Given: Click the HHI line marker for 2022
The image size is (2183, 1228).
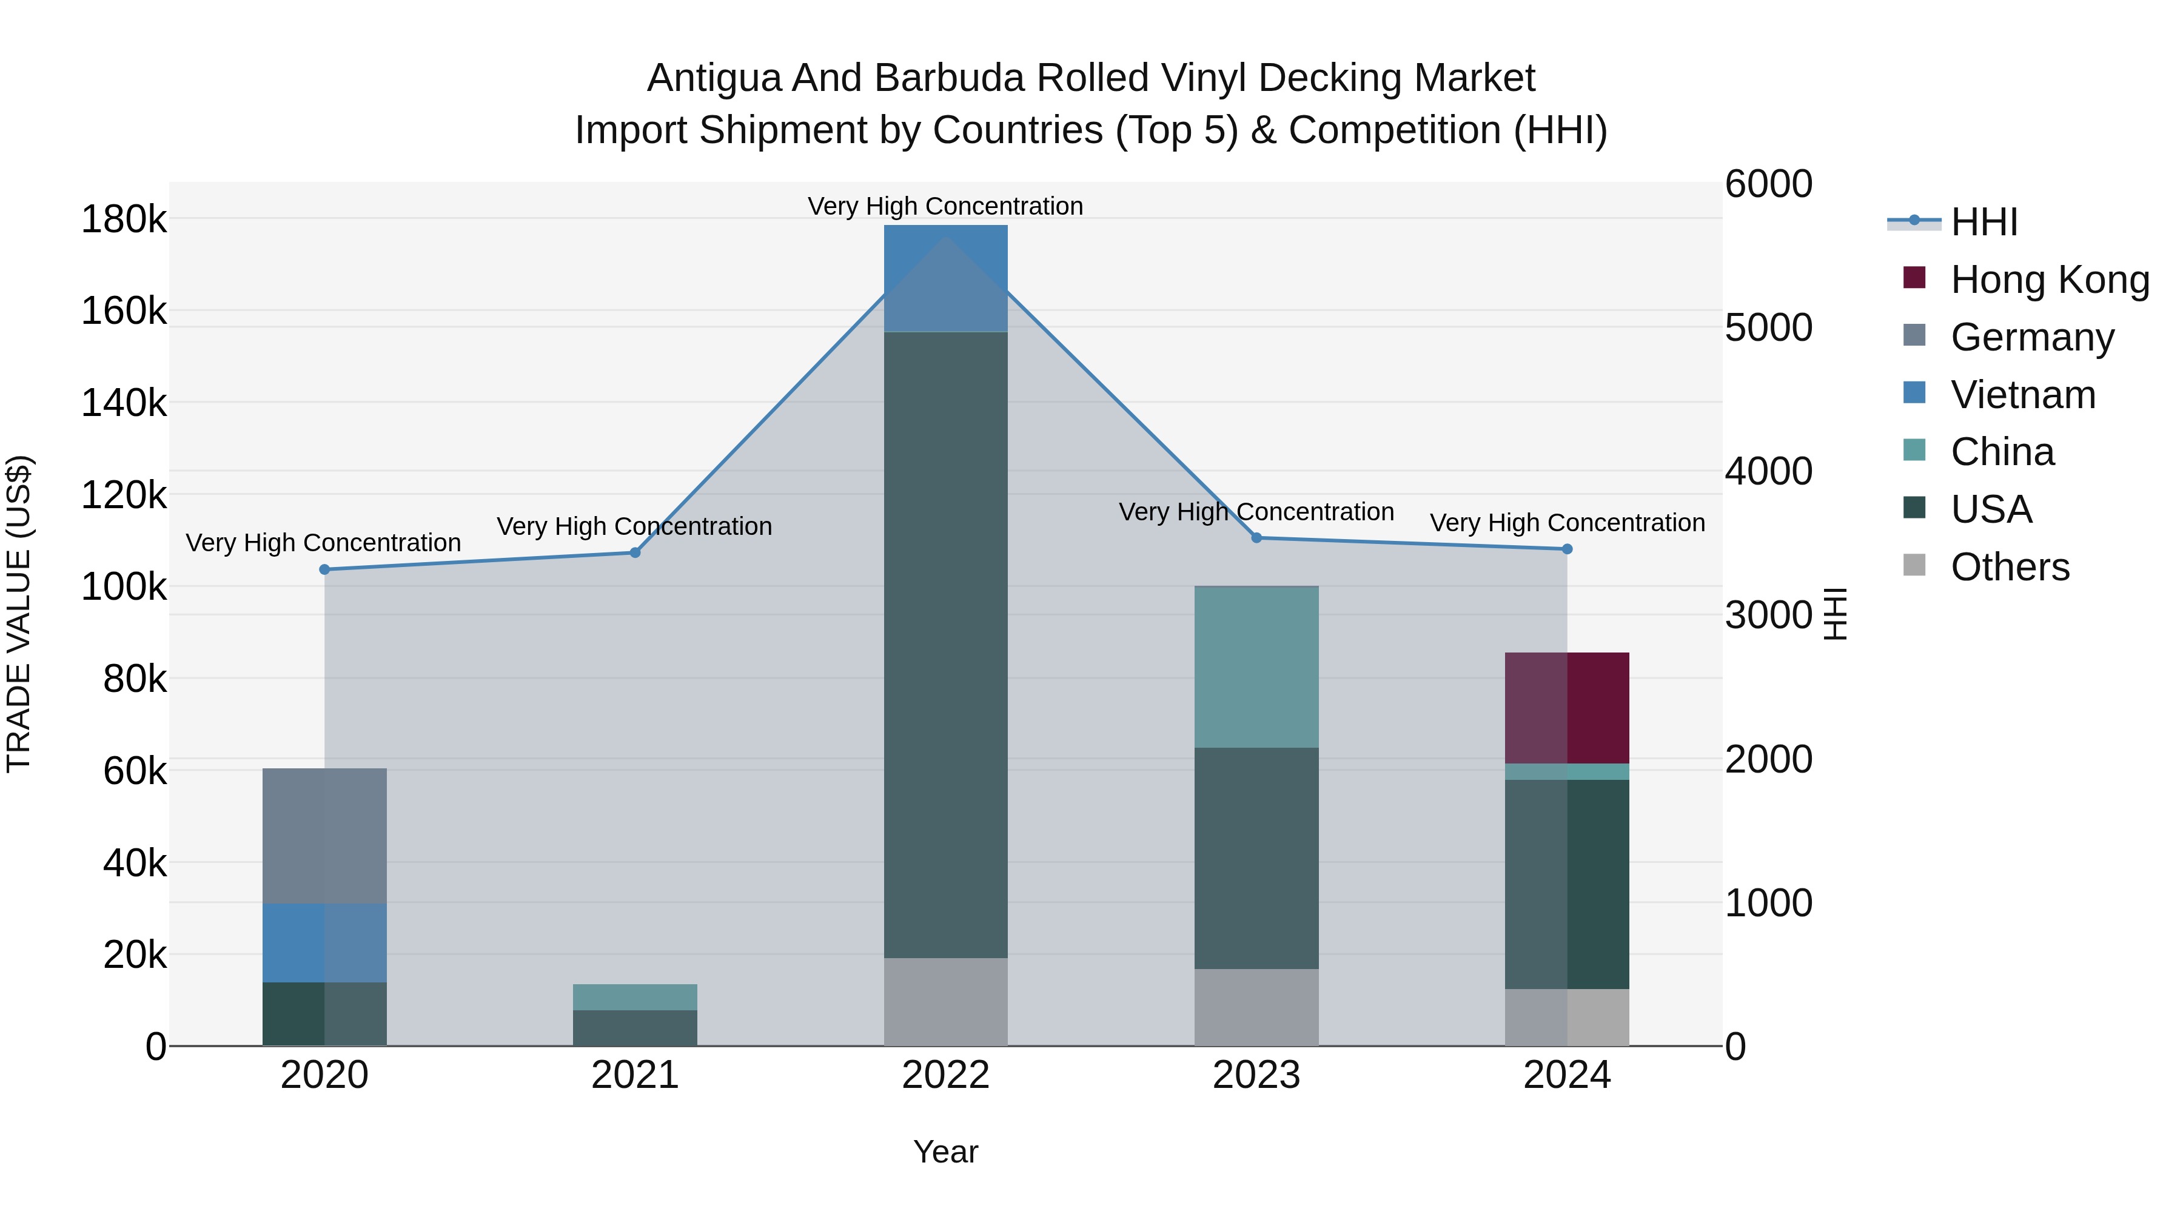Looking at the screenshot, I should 946,237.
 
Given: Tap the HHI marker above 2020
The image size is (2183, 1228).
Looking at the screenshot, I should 324,569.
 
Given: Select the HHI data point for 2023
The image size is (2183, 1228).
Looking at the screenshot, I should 1257,537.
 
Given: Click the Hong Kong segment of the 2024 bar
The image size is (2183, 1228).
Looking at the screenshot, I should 1567,708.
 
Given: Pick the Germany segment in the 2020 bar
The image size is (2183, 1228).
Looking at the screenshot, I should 324,836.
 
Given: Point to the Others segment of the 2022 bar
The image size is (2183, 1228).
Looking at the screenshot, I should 946,1002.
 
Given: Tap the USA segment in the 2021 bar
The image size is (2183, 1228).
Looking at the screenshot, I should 635,1027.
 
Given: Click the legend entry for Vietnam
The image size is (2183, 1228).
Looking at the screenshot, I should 2022,395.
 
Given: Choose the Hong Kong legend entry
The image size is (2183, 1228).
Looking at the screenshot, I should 2049,280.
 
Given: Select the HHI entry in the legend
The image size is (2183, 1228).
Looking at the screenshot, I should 1983,222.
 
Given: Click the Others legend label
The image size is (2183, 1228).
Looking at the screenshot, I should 2010,567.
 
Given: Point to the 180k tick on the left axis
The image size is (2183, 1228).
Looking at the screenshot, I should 124,220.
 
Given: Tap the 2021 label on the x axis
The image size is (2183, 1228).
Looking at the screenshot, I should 635,1075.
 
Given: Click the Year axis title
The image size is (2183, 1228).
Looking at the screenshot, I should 946,1152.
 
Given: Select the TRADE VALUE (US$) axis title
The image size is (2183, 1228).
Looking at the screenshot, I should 19,614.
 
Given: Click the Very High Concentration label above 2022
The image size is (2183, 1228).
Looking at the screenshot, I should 946,206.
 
